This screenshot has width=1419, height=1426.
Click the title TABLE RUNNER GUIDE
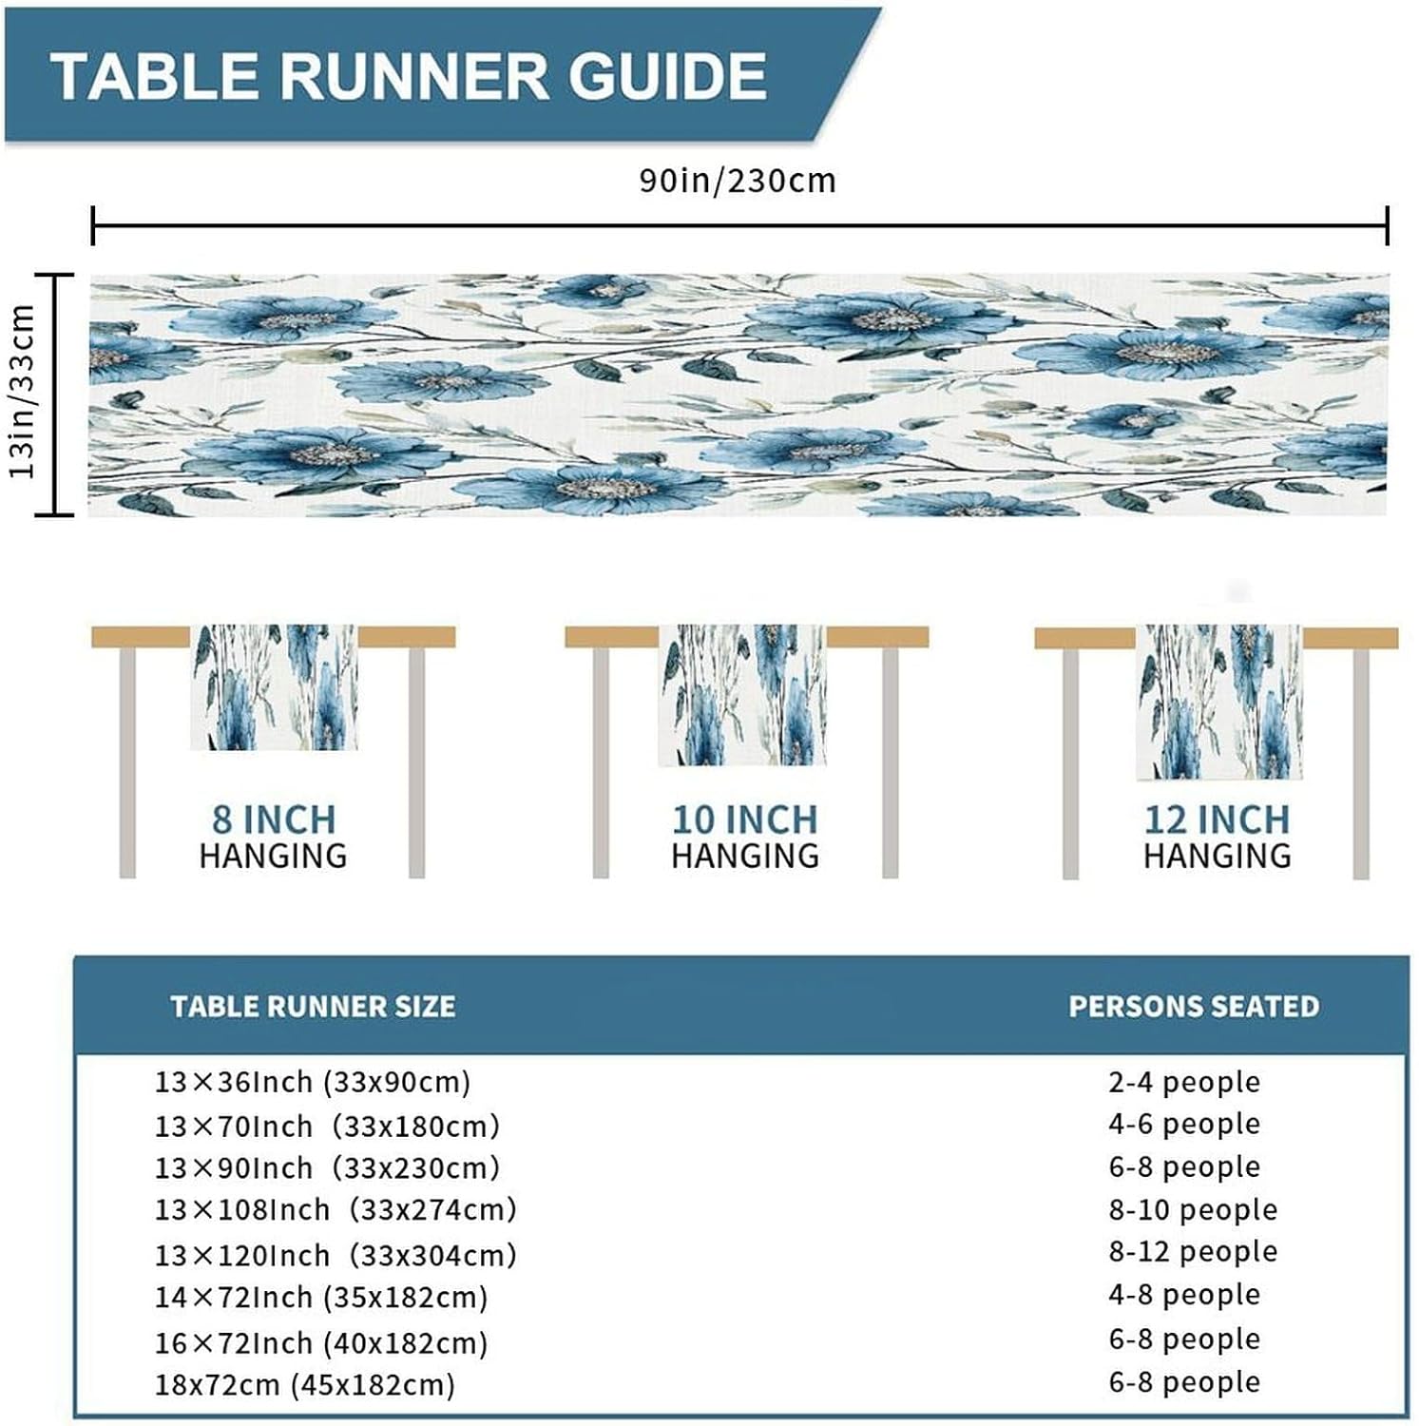pyautogui.click(x=409, y=76)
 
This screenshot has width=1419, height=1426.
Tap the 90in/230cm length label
pyautogui.click(x=738, y=180)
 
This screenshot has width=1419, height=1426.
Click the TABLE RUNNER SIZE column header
pyautogui.click(x=313, y=1007)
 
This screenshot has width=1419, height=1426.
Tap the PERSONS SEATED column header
pyautogui.click(x=1194, y=1007)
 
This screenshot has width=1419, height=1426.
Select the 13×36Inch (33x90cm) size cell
pyautogui.click(x=313, y=1082)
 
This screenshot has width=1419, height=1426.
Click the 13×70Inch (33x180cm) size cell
pyautogui.click(x=327, y=1127)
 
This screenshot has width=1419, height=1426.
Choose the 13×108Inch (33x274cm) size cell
pyautogui.click(x=336, y=1210)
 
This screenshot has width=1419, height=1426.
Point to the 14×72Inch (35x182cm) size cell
pyautogui.click(x=321, y=1298)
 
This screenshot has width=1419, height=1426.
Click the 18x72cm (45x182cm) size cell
pyautogui.click(x=305, y=1385)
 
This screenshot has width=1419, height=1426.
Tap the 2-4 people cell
pyautogui.click(x=1184, y=1082)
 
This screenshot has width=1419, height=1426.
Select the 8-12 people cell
pyautogui.click(x=1193, y=1252)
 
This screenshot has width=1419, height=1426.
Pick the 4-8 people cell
pyautogui.click(x=1184, y=1295)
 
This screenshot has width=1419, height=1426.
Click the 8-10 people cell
pyautogui.click(x=1193, y=1210)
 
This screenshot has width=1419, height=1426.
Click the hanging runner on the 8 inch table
pyautogui.click(x=274, y=686)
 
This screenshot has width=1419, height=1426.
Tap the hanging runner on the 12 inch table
pyautogui.click(x=1219, y=702)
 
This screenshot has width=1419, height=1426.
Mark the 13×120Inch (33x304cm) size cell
pyautogui.click(x=336, y=1256)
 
